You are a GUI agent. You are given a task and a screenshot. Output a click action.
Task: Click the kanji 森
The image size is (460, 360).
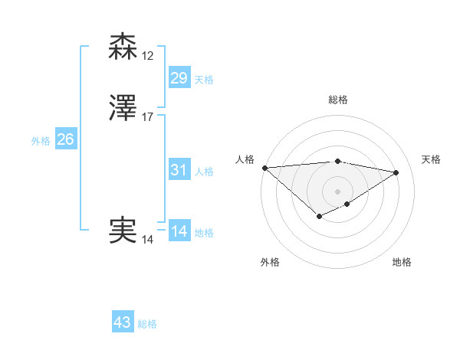pos(123,47)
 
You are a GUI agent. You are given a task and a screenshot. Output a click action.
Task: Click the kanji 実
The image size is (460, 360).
pos(123,230)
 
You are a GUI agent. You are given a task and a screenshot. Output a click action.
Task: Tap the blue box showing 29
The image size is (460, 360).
pos(179,77)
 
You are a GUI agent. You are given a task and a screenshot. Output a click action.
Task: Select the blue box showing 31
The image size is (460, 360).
pos(179,170)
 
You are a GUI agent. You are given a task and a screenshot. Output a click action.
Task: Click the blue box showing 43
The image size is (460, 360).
pos(123,322)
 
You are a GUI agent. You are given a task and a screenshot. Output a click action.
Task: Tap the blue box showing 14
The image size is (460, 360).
pos(179,231)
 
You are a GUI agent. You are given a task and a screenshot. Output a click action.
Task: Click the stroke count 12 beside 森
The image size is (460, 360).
pos(148,56)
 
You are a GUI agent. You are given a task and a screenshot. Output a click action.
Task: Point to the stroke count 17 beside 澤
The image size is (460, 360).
pos(148,117)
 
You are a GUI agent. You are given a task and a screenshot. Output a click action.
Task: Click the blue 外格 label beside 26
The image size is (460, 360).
pos(41,140)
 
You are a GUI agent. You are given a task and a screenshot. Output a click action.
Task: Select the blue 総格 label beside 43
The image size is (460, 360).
pos(147,324)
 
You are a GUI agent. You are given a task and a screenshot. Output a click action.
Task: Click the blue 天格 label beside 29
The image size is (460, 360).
pos(204,80)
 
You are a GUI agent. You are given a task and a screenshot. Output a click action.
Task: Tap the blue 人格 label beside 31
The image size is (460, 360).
pos(204,172)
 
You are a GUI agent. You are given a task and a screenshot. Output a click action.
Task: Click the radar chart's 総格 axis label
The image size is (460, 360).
pos(338,100)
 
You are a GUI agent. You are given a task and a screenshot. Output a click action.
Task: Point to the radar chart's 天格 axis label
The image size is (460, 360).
pos(432,159)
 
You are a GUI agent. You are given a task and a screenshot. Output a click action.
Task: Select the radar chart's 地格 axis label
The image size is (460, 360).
pos(402,262)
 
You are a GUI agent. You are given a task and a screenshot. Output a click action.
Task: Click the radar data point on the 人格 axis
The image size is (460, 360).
pos(264,168)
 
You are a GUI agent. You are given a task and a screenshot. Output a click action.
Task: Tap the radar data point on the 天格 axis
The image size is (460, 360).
pos(396,172)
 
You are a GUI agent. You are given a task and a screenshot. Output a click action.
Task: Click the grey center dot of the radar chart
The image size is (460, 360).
pos(338,191)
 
